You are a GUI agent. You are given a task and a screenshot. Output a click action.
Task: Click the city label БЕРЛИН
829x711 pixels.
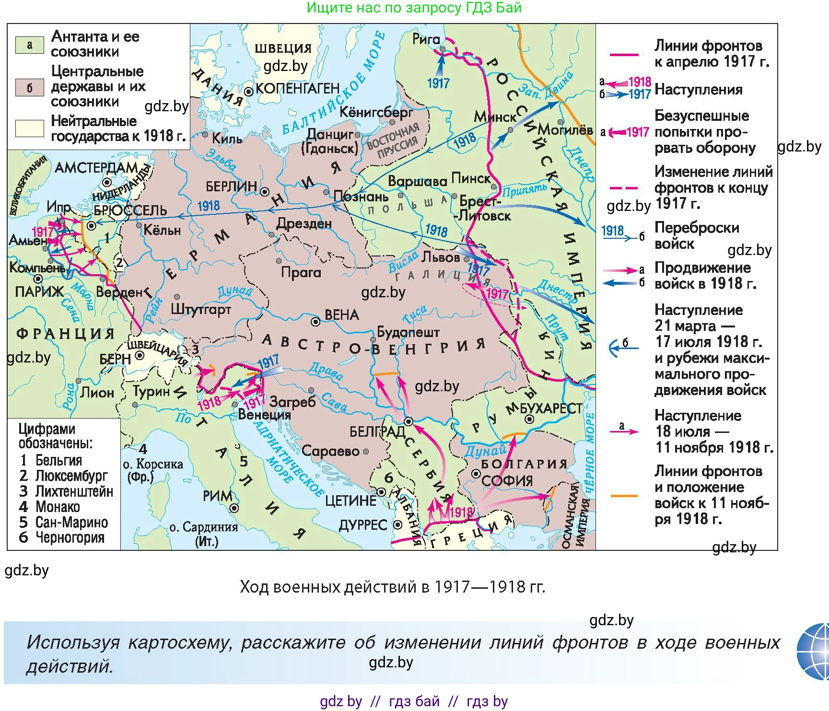tap(231, 186)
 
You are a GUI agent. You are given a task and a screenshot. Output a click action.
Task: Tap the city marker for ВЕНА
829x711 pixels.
tap(315, 322)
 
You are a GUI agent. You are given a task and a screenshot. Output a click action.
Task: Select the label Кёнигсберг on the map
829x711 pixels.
tap(376, 113)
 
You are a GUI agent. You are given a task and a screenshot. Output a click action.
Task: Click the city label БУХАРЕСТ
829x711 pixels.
tap(551, 408)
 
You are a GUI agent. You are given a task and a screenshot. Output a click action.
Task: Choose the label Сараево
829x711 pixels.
tap(330, 451)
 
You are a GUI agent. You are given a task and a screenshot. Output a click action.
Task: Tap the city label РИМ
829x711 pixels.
tap(217, 496)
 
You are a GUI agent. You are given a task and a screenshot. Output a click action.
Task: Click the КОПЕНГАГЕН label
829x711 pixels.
tap(297, 89)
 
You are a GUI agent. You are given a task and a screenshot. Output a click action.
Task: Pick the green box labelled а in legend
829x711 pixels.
tap(29, 45)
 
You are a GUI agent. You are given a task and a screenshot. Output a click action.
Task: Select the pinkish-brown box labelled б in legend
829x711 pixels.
tap(29, 88)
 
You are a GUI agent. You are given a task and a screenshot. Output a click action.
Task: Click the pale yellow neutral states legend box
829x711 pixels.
tap(29, 128)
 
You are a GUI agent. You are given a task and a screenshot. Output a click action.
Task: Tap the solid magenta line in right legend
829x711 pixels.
tap(623, 55)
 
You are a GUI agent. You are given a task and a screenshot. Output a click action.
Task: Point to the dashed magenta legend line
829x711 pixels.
tap(623, 188)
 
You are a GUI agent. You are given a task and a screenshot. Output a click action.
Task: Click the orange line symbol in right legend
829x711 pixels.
tap(623, 496)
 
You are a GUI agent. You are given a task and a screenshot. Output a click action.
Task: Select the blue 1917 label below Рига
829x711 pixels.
tap(438, 83)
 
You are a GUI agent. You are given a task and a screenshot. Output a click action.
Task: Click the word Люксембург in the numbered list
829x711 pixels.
tap(71, 476)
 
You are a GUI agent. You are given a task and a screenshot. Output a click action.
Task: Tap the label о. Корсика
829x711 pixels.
tap(152, 464)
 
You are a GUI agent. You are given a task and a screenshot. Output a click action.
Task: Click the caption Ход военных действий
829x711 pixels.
tap(392, 587)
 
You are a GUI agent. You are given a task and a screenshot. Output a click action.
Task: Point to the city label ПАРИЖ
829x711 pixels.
tap(39, 291)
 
